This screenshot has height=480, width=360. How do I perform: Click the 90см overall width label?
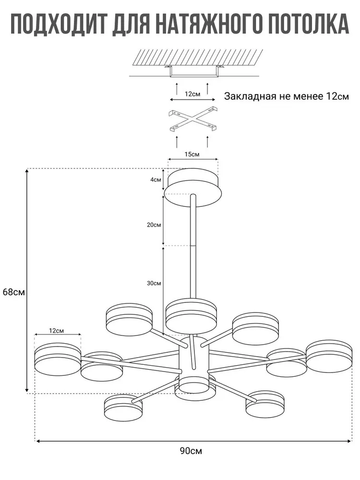pyautogui.click(x=191, y=451)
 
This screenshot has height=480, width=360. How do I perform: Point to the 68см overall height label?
pyautogui.click(x=13, y=292)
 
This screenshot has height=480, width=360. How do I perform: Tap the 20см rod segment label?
pyautogui.click(x=154, y=225)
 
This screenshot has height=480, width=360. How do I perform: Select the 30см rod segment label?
pyautogui.click(x=154, y=283)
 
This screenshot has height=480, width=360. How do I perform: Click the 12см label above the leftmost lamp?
pyautogui.click(x=56, y=331)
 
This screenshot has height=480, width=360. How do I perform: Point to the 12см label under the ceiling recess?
pyautogui.click(x=192, y=94)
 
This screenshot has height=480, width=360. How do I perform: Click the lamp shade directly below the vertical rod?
pyautogui.click(x=191, y=314)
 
